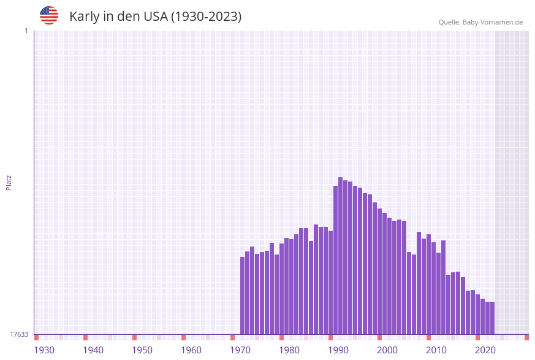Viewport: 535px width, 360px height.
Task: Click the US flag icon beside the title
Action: coord(49,15)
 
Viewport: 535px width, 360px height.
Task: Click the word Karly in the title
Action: coord(85,17)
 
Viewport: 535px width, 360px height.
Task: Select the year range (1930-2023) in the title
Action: coord(206,17)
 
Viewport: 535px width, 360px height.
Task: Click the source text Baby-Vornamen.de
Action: coord(492,22)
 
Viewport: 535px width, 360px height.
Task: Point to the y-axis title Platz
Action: coord(9,182)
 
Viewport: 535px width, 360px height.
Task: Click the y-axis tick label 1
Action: coord(26,31)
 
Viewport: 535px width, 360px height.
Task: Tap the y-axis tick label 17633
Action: coord(19,334)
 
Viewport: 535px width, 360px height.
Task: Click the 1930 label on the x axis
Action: coord(44,350)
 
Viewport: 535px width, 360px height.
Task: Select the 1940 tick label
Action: coord(93,350)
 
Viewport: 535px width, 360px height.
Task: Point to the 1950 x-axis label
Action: coord(142,350)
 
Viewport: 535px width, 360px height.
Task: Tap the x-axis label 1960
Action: coord(191,350)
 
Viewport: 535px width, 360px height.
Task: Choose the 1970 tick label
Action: coord(240,350)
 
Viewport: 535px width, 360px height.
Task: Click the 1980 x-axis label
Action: coord(289,350)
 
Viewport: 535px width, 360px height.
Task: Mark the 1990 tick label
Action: coord(338,350)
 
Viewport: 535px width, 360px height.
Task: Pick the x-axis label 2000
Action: coord(387,350)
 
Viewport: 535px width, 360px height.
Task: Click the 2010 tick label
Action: coord(436,350)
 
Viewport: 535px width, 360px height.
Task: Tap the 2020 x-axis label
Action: coord(485,350)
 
